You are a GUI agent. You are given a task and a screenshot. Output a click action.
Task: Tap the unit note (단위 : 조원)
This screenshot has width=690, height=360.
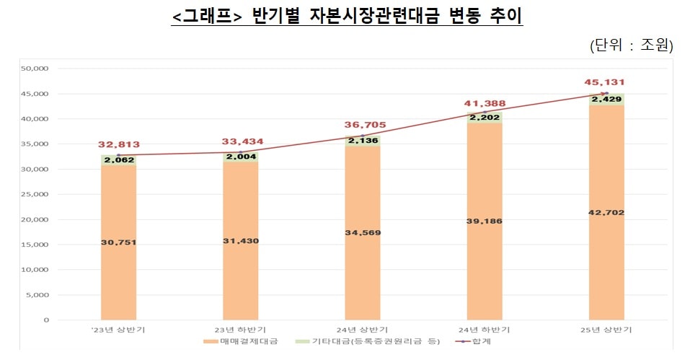coord(631,45)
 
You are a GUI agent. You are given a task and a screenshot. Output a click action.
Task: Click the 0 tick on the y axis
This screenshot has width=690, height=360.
coord(45,320)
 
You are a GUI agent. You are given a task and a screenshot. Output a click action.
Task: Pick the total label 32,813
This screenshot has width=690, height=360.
coord(119,144)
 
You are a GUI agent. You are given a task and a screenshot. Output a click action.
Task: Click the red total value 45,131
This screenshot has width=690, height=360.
coord(607,82)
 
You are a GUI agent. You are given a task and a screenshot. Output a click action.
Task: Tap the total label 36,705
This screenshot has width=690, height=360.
coord(363,124)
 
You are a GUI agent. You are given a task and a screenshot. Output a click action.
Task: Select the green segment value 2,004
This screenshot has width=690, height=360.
coord(241,157)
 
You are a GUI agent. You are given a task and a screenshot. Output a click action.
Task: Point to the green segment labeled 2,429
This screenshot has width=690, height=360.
coord(607,100)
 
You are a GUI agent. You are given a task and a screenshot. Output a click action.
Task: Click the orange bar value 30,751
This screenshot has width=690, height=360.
coord(119,242)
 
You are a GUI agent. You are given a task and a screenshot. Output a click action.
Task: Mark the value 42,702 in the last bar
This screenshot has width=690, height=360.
coord(607,213)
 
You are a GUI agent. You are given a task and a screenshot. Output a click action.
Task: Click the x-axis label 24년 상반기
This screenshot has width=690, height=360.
coord(363,330)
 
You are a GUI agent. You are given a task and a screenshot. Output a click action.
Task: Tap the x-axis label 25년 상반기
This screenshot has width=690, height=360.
coord(608,330)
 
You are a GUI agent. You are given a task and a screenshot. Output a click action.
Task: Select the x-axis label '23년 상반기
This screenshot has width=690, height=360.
coord(118,330)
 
